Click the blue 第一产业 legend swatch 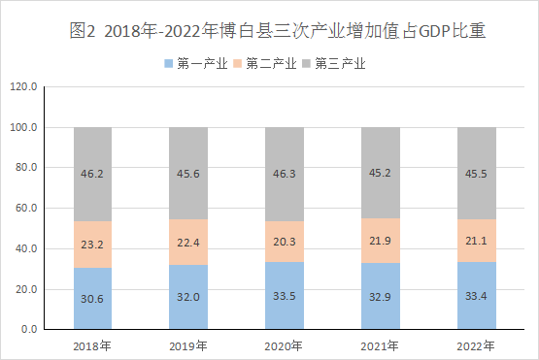pyautogui.click(x=168, y=63)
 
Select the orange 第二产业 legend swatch pyautogui.click(x=238, y=63)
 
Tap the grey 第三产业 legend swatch pyautogui.click(x=306, y=63)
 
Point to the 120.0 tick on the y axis pyautogui.click(x=23, y=86)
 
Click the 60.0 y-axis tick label pyautogui.click(x=26, y=208)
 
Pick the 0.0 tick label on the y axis pyautogui.click(x=29, y=329)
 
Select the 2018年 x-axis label pyautogui.click(x=92, y=345)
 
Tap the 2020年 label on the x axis pyautogui.click(x=284, y=345)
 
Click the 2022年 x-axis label pyautogui.click(x=476, y=345)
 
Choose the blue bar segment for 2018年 pyautogui.click(x=92, y=298)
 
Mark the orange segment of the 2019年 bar pyautogui.click(x=188, y=243)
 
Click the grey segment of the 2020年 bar pyautogui.click(x=285, y=174)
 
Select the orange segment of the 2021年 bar pyautogui.click(x=381, y=241)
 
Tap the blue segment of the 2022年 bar pyautogui.click(x=477, y=295)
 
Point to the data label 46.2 pyautogui.click(x=92, y=174)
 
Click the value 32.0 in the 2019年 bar pyautogui.click(x=188, y=297)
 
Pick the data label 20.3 pyautogui.click(x=285, y=242)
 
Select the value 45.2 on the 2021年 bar pyautogui.click(x=380, y=173)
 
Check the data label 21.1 pyautogui.click(x=476, y=241)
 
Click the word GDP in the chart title pyautogui.click(x=435, y=32)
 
